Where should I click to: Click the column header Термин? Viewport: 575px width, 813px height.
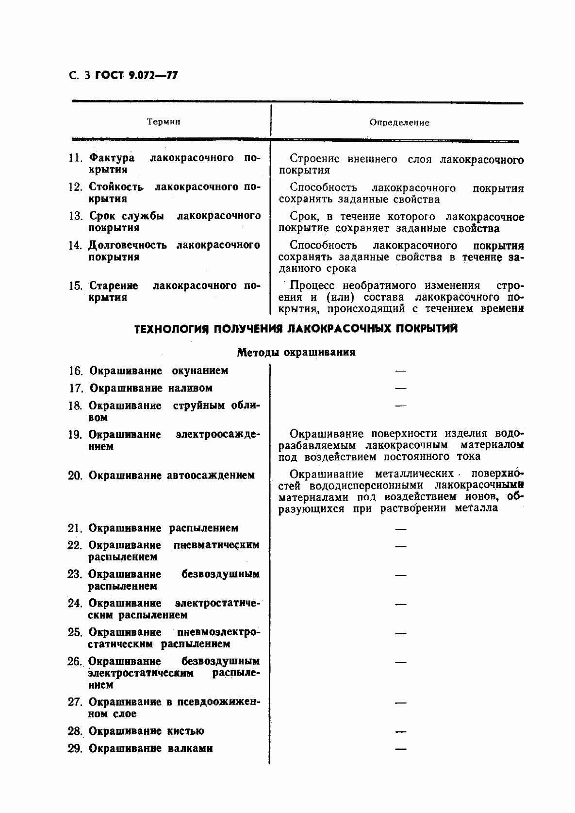pyautogui.click(x=164, y=121)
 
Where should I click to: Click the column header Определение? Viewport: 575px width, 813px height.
pyautogui.click(x=399, y=122)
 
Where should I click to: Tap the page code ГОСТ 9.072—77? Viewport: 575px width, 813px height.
pyautogui.click(x=136, y=76)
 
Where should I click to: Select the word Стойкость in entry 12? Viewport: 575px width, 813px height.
pyautogui.click(x=115, y=187)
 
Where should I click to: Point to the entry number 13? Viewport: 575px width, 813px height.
pyautogui.click(x=76, y=216)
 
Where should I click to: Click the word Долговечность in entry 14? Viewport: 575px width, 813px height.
pyautogui.click(x=127, y=245)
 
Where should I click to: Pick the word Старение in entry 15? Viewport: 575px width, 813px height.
pyautogui.click(x=114, y=286)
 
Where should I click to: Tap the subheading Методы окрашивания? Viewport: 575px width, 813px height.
pyautogui.click(x=296, y=353)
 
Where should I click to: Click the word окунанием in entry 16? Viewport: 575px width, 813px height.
pyautogui.click(x=200, y=371)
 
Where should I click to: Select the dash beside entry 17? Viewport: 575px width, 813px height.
pyautogui.click(x=400, y=389)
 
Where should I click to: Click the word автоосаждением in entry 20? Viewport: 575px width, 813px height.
pyautogui.click(x=211, y=475)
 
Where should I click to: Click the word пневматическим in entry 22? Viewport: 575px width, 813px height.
pyautogui.click(x=216, y=545)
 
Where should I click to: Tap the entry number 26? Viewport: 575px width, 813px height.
pyautogui.click(x=75, y=661)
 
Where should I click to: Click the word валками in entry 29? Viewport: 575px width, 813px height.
pyautogui.click(x=190, y=748)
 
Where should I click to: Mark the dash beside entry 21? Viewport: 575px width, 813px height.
pyautogui.click(x=400, y=528)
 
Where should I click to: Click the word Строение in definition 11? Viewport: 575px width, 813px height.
pyautogui.click(x=315, y=159)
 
